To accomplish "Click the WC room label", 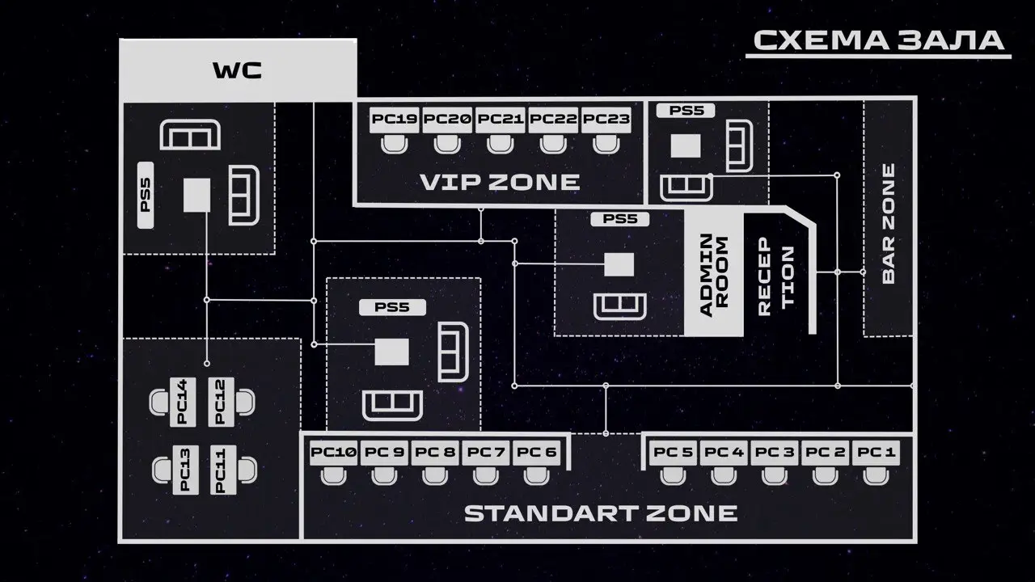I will tap(237, 70).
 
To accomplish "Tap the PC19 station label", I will tap(395, 120).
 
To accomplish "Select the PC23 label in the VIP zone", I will tap(606, 120).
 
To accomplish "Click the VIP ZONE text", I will tap(500, 182).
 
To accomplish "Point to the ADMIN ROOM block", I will tap(714, 274).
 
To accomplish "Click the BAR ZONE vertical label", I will tap(889, 223).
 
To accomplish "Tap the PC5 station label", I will tap(673, 452).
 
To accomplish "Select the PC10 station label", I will tap(333, 452).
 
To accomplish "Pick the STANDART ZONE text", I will tap(601, 512).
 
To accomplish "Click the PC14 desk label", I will tap(183, 402).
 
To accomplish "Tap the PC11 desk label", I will tap(220, 470).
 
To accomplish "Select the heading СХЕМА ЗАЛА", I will tap(878, 40).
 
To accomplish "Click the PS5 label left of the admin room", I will tap(620, 219).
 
